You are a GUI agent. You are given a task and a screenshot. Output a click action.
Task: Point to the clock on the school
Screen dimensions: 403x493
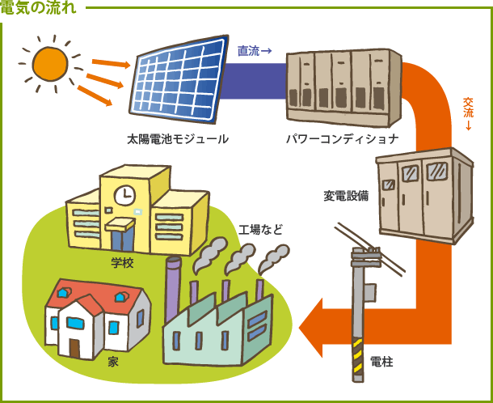coord(124,195)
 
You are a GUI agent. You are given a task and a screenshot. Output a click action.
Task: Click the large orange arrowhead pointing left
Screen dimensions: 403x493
coord(315,327)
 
